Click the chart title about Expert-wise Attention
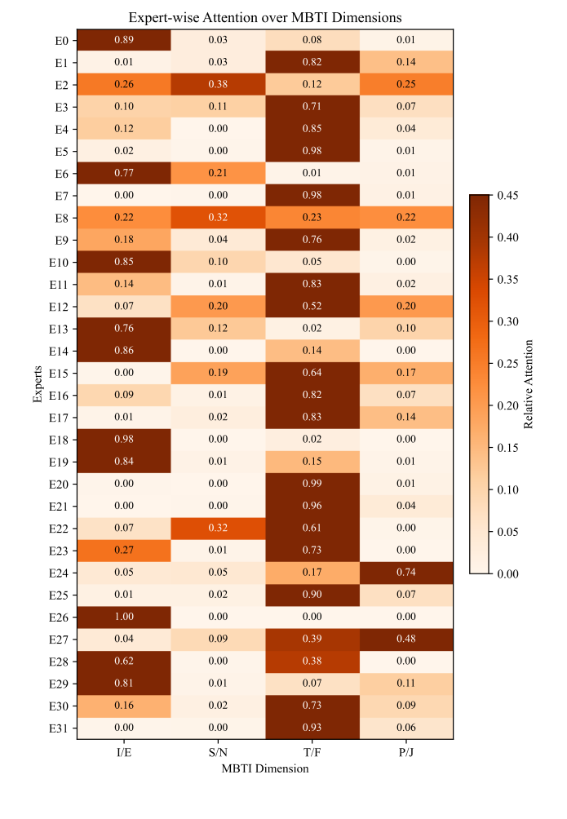(x=265, y=17)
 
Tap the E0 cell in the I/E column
(x=124, y=40)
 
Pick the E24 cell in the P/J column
(x=405, y=573)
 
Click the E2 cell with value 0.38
(x=218, y=85)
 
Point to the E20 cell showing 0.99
(x=312, y=485)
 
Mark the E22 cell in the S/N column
(x=218, y=529)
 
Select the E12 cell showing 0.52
(x=312, y=307)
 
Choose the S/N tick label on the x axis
(x=218, y=753)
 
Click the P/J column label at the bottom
(x=405, y=753)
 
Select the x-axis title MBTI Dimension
(x=265, y=768)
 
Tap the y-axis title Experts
(x=38, y=385)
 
